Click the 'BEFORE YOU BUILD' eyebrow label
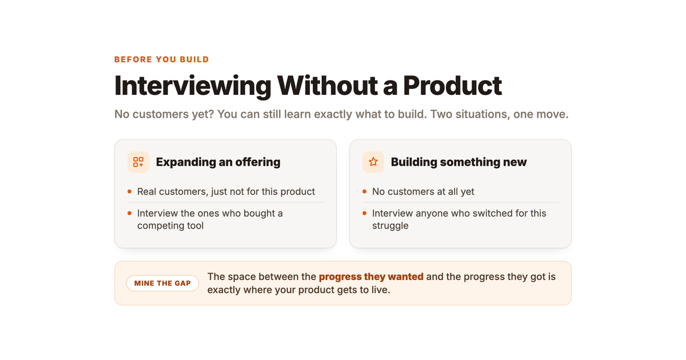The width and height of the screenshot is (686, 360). point(161,59)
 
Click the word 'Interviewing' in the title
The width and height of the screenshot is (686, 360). point(193,86)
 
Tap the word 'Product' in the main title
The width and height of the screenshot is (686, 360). point(452,86)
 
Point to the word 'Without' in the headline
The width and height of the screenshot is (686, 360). point(327,86)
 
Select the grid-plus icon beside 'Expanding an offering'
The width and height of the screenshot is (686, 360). point(138,162)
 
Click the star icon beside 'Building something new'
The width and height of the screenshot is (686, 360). point(373,162)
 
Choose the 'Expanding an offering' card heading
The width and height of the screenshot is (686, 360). point(218,162)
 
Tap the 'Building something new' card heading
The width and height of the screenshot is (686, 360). point(458,162)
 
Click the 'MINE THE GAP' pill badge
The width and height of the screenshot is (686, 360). point(162,283)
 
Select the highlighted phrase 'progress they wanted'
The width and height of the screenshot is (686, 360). point(371,277)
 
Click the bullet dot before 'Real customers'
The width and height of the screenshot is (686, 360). point(130,191)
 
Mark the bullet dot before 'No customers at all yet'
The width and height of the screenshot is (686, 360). point(365,191)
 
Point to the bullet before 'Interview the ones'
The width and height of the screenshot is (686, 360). point(130,213)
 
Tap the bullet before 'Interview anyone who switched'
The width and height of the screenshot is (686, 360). point(365,213)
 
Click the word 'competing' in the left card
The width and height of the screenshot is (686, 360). point(159,226)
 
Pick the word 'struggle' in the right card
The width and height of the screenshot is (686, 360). point(390,226)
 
